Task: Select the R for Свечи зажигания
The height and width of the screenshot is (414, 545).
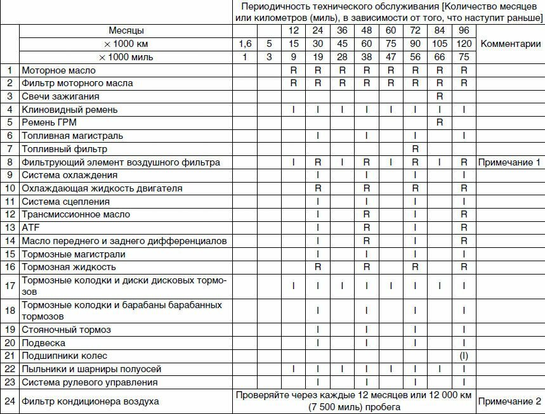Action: pos(439,96)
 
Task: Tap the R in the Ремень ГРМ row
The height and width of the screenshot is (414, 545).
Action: pos(439,122)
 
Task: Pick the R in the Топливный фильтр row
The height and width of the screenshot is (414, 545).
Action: pos(415,149)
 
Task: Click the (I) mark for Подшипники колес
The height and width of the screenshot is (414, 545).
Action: pos(464,356)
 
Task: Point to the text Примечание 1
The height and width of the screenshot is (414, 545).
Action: pos(509,162)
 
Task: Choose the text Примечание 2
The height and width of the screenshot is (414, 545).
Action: pos(509,401)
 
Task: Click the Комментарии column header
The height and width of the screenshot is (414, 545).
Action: pos(511,44)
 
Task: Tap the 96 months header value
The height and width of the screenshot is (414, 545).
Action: pos(464,31)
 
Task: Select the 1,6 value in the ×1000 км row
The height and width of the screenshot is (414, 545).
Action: pos(245,44)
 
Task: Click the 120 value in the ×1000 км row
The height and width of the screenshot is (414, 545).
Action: pos(464,44)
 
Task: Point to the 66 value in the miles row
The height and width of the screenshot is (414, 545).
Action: pos(439,57)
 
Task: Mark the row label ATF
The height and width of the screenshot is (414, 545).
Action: pos(30,227)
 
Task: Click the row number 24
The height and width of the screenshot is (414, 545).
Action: pos(10,401)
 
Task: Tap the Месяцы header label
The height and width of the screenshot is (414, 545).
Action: pos(126,31)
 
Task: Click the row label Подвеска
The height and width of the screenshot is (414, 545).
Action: pos(43,343)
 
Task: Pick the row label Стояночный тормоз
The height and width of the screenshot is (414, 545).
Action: pos(66,330)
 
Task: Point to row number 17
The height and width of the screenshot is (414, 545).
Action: pos(10,286)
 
